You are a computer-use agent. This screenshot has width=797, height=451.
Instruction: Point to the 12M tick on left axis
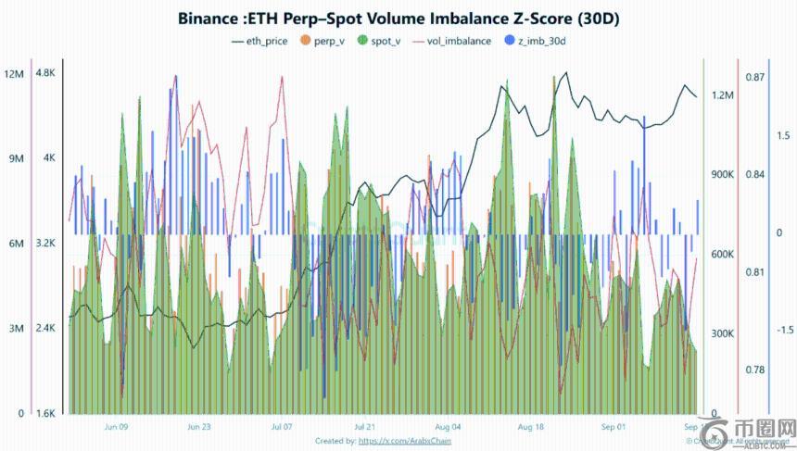point(14,74)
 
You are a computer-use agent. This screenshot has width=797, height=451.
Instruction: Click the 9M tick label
point(14,159)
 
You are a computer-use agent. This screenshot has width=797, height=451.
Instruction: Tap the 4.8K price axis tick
point(45,74)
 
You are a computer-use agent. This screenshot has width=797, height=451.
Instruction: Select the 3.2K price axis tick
point(45,244)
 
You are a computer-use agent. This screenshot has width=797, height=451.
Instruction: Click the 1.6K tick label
point(45,414)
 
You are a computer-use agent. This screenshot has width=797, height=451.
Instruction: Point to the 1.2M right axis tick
point(723,95)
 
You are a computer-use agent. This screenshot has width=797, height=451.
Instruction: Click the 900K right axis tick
point(722,175)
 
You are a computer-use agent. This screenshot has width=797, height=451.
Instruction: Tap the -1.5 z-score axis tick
point(783,330)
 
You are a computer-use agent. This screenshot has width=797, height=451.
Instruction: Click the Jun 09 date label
point(117,428)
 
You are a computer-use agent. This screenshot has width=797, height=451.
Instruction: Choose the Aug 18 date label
point(531,428)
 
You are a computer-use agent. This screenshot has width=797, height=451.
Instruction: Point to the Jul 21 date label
point(365,428)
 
